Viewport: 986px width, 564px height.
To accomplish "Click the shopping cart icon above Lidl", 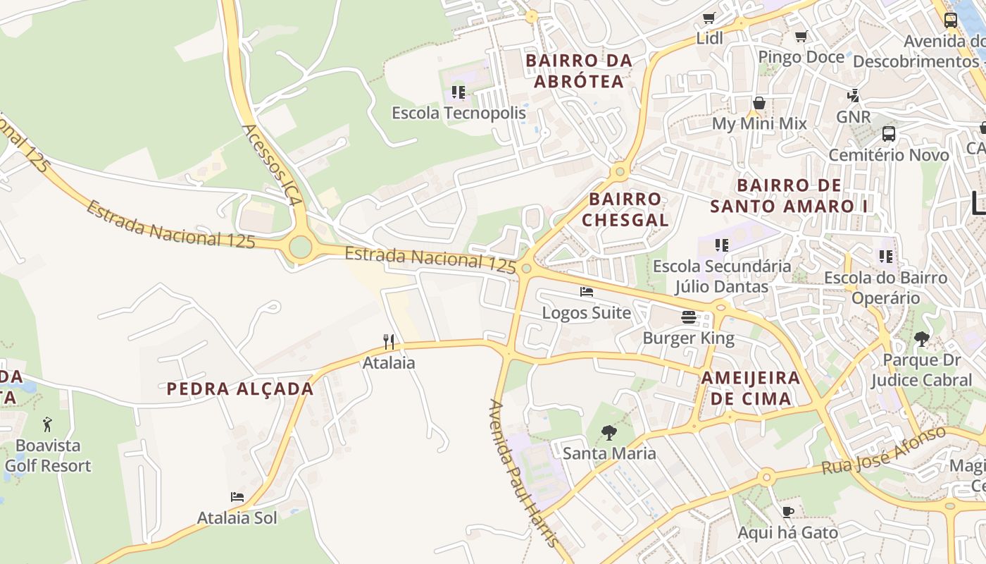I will (x=709, y=18).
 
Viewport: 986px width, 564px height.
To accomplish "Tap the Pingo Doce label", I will (x=801, y=56).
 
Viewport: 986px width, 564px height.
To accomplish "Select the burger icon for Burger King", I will (x=689, y=317).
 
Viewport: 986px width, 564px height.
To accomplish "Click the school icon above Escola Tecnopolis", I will (x=458, y=92).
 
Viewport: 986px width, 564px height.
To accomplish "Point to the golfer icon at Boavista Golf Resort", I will (x=47, y=424).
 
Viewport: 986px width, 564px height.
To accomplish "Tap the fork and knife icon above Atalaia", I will (x=389, y=342).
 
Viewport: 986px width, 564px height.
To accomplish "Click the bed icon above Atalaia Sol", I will (x=237, y=497).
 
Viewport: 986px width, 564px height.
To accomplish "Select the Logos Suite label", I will (x=586, y=312).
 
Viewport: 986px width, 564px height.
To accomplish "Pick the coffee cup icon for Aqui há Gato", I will (x=787, y=512).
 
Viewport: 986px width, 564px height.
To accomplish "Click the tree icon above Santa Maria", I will (x=609, y=432).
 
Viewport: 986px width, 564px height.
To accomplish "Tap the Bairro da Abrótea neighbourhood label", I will (x=579, y=71).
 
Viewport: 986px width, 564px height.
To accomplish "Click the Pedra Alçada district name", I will (x=240, y=388).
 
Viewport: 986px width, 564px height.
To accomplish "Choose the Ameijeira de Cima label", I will (x=751, y=388).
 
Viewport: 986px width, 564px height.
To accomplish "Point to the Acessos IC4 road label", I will (x=272, y=165).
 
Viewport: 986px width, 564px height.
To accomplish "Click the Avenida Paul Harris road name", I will (x=524, y=472).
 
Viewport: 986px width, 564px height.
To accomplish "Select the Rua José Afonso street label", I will (x=884, y=450).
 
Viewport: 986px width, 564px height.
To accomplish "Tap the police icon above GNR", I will (x=854, y=95).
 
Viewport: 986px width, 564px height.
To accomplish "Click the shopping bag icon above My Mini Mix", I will (x=759, y=103).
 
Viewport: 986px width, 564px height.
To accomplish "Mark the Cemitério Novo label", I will (x=889, y=154).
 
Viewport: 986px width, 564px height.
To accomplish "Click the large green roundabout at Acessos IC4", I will (x=301, y=247).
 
